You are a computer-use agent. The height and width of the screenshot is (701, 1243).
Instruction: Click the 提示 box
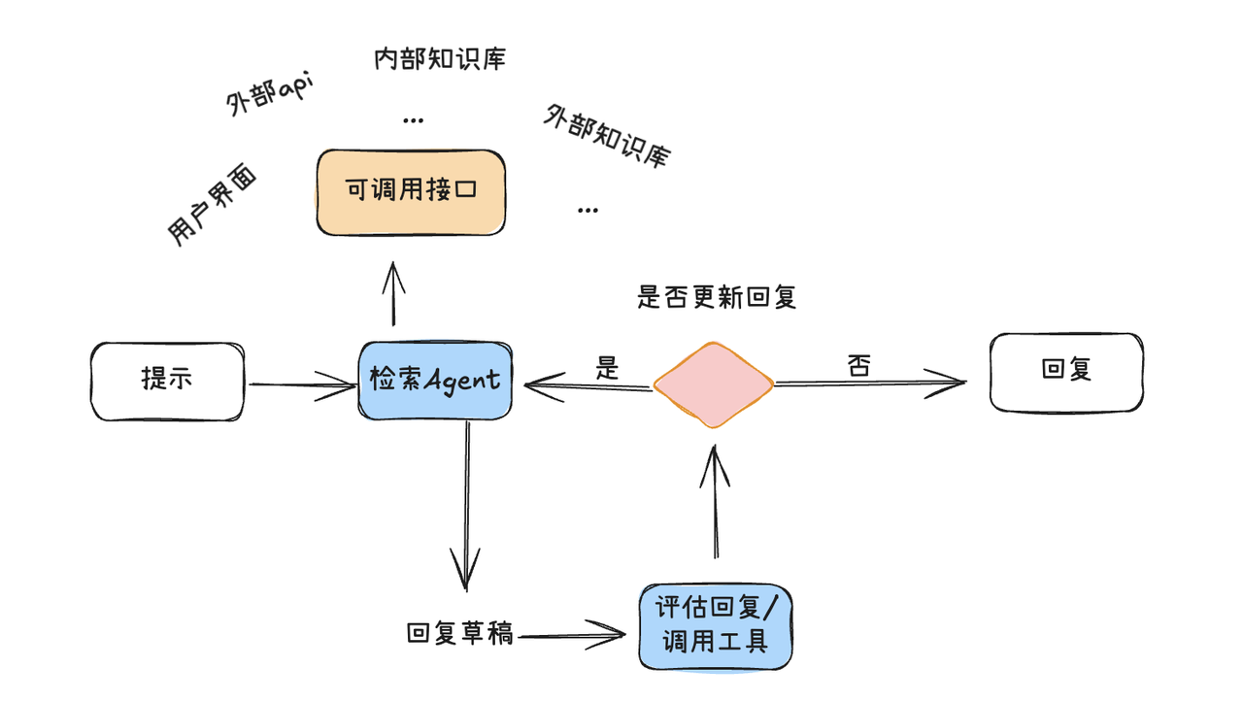point(166,381)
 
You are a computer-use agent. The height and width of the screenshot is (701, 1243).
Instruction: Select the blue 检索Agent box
point(435,381)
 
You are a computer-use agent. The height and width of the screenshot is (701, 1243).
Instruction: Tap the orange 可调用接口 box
point(411,191)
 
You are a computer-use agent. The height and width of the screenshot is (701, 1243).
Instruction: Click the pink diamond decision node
point(714,385)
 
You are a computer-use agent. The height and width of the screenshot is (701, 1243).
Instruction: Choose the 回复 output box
point(1066,372)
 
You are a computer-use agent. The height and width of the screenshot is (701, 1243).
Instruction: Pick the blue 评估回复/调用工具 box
point(716,626)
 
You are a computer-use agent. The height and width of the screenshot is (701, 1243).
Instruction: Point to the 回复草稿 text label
point(460,635)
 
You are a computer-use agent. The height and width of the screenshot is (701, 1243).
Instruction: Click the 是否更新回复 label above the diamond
point(717,297)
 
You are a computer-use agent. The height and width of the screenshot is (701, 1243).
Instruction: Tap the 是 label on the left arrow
point(607,367)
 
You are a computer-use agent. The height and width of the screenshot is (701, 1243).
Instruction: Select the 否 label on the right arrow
point(857,366)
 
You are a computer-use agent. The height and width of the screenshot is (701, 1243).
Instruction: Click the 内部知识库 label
point(440,59)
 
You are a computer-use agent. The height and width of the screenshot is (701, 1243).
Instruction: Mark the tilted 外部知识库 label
point(607,136)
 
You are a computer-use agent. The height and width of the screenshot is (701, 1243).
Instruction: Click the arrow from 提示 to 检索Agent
point(301,385)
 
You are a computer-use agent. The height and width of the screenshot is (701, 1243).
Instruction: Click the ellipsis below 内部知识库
point(413,120)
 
